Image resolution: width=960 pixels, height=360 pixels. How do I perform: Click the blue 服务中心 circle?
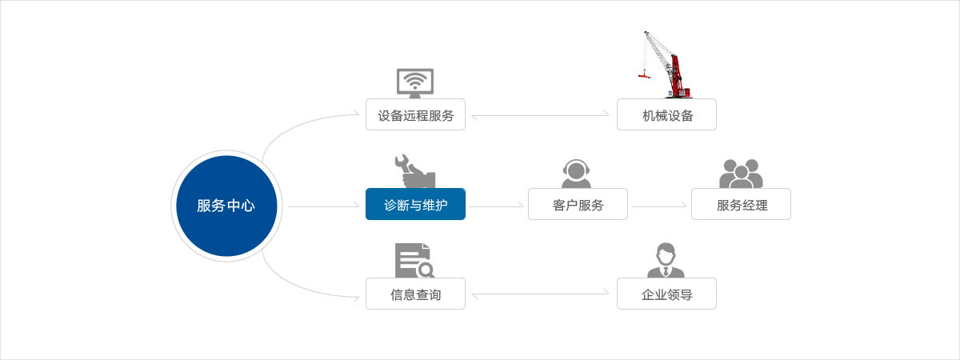(226, 206)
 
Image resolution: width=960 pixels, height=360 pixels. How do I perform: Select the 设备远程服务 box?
(415, 114)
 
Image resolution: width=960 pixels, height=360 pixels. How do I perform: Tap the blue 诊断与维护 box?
(415, 204)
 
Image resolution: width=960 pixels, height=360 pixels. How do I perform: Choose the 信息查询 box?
(415, 294)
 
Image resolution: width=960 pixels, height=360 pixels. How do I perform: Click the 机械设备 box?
(666, 114)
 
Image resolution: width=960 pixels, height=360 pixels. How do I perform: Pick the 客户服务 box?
(578, 204)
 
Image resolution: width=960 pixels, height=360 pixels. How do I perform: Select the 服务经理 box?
(741, 204)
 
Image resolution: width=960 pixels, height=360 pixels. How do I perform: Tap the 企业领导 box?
(666, 294)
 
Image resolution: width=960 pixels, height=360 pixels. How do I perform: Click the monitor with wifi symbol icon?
(415, 82)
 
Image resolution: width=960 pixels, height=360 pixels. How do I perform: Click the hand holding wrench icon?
(414, 170)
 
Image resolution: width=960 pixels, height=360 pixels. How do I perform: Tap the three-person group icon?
(741, 172)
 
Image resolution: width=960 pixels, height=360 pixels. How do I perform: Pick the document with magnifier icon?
(414, 260)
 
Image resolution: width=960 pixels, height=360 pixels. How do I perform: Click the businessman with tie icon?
(666, 260)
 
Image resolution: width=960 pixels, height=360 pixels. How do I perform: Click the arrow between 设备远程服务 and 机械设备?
(541, 116)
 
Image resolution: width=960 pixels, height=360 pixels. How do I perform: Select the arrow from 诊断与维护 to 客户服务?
(496, 206)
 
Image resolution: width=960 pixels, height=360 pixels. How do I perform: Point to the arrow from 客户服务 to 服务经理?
(659, 206)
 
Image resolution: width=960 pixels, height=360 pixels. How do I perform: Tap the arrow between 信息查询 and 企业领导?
(541, 295)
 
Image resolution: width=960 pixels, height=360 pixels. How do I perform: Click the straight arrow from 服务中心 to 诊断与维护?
(323, 206)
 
